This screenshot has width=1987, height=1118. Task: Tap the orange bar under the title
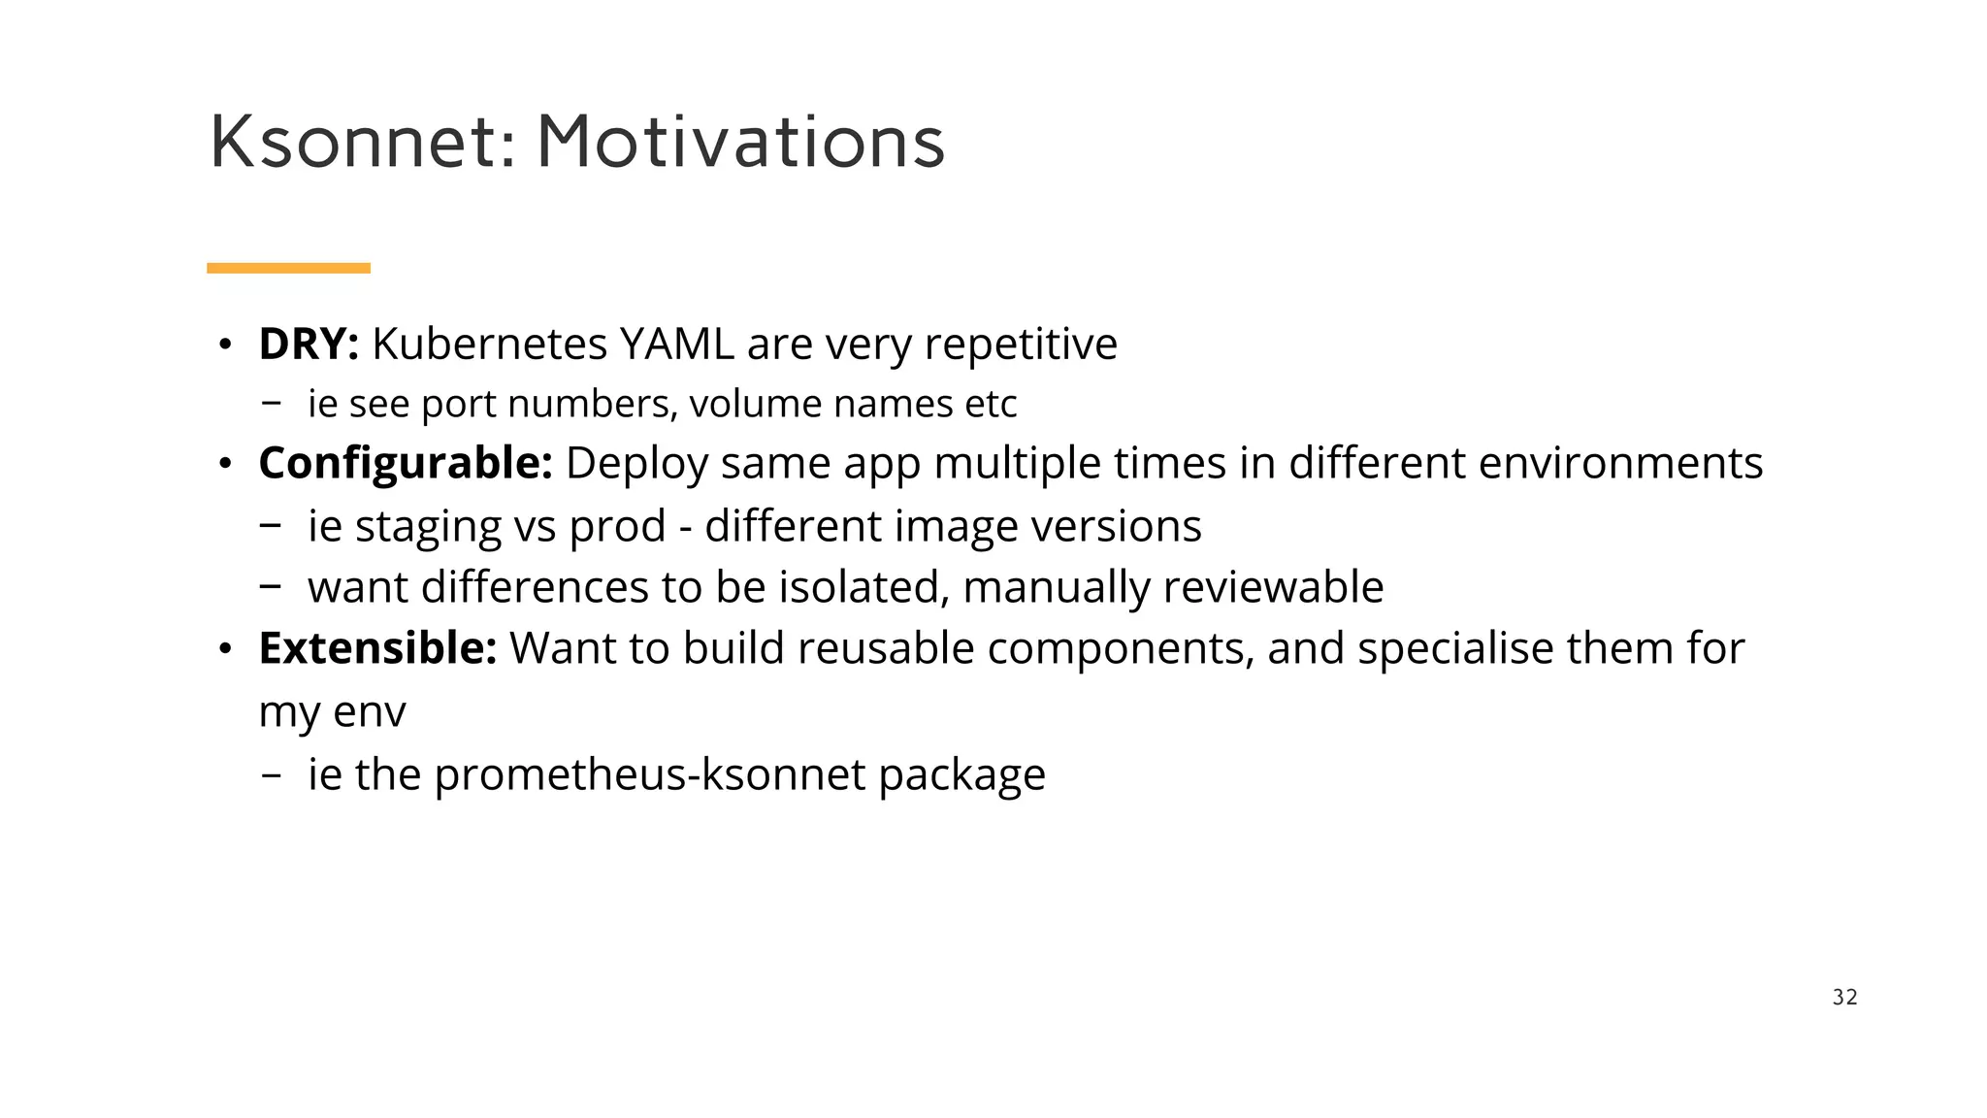tap(288, 268)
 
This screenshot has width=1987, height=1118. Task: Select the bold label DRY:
tap(309, 344)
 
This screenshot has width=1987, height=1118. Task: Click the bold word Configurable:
tap(405, 463)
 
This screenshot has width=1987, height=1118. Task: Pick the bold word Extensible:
tap(377, 648)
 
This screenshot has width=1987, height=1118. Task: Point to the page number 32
tap(1844, 998)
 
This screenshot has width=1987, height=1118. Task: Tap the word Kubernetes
tap(489, 344)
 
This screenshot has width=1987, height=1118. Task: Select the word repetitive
tap(1021, 344)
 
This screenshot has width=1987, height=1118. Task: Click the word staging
tap(428, 527)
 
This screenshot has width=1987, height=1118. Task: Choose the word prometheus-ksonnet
tap(649, 774)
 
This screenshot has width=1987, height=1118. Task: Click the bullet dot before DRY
tap(224, 345)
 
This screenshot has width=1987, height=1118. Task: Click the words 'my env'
tap(332, 712)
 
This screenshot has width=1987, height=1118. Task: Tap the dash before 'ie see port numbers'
tap(271, 402)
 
